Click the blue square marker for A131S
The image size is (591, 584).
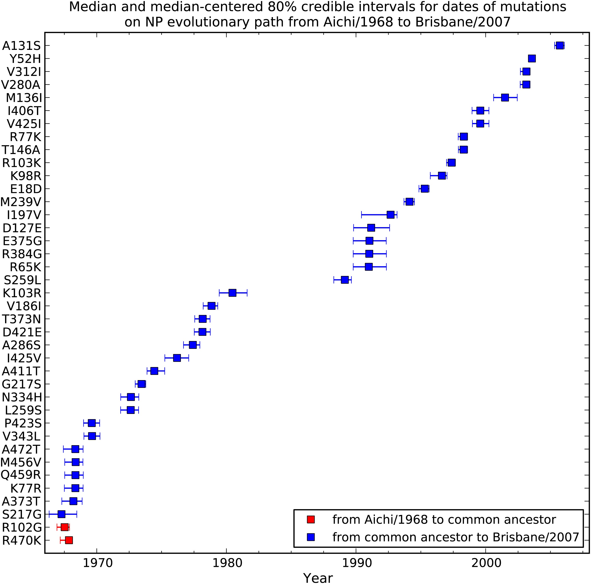click(x=560, y=45)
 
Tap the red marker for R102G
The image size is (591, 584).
click(x=65, y=527)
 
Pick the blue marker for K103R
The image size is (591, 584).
click(x=232, y=293)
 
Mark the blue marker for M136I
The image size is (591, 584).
click(x=505, y=97)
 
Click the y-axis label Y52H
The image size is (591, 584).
click(x=25, y=59)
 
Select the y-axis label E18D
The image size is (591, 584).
click(x=26, y=189)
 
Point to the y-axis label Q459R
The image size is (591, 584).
click(x=21, y=475)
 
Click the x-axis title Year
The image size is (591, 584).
click(x=318, y=577)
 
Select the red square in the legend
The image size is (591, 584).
click(x=311, y=520)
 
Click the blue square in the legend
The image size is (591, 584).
click(x=311, y=537)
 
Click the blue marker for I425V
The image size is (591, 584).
click(x=177, y=358)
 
